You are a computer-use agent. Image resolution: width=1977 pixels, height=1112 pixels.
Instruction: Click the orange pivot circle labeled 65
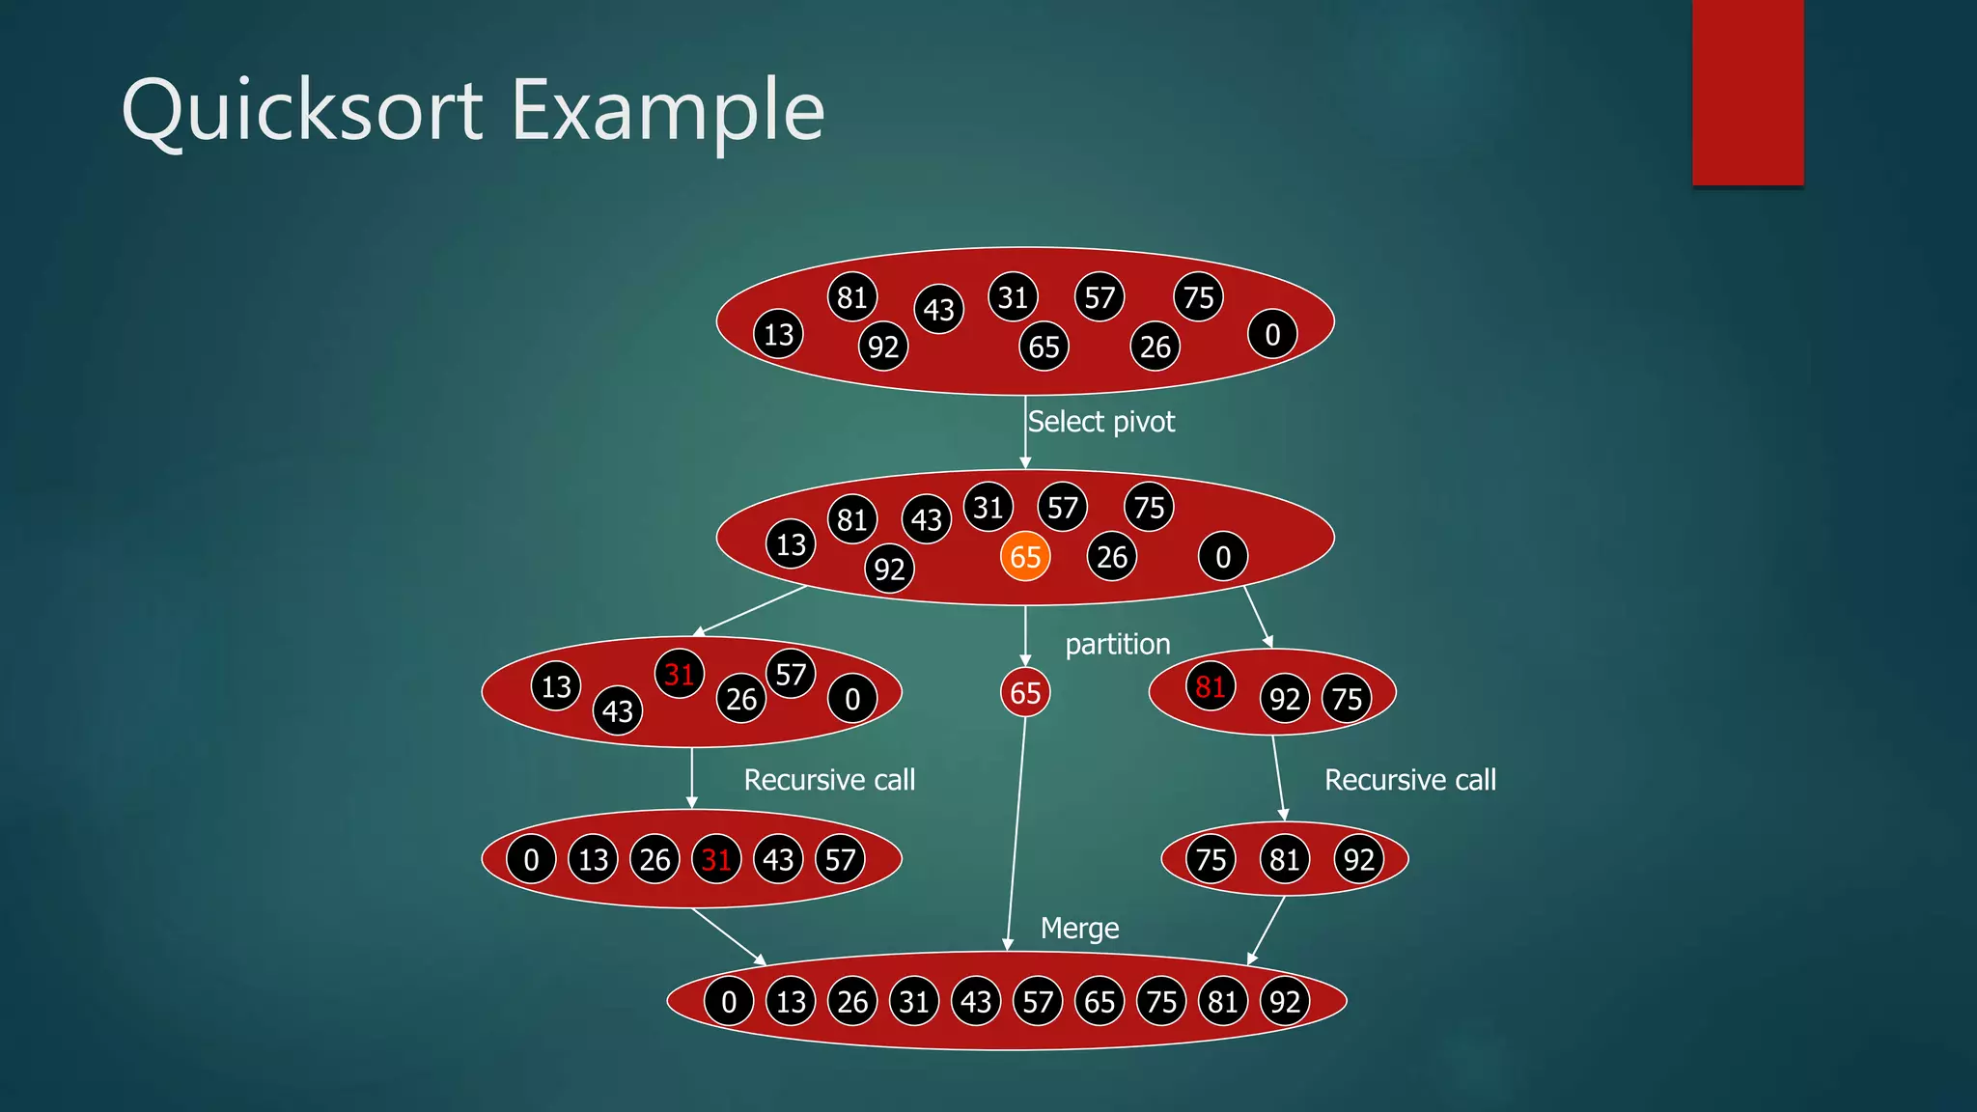(x=1025, y=557)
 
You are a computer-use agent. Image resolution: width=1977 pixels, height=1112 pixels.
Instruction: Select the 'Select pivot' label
(x=1101, y=422)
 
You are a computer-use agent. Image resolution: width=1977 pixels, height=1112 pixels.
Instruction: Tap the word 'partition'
(x=1117, y=644)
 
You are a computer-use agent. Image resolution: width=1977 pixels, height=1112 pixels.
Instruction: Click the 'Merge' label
(x=1079, y=929)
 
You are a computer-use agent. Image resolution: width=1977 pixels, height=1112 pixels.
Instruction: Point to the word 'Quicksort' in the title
(x=302, y=111)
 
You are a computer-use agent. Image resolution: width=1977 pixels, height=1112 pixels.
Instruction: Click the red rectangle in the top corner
(x=1747, y=92)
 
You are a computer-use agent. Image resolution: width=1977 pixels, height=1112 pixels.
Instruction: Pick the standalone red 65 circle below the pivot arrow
(x=1025, y=693)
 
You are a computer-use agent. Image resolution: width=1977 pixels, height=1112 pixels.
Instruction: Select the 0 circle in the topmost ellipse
(x=1272, y=335)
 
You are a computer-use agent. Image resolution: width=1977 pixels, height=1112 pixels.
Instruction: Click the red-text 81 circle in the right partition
(x=1211, y=686)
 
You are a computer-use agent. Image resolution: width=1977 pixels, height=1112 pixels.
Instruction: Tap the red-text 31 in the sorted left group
(x=716, y=859)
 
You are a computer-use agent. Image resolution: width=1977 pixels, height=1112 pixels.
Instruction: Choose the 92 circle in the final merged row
(x=1285, y=1002)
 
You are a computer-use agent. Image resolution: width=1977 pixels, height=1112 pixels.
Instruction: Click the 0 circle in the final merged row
(x=729, y=1002)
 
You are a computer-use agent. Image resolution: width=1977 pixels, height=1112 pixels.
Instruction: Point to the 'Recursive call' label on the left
(x=829, y=780)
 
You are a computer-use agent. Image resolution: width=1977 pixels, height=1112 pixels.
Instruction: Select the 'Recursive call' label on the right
(x=1410, y=780)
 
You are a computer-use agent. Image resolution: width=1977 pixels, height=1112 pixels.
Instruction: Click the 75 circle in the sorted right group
(x=1211, y=859)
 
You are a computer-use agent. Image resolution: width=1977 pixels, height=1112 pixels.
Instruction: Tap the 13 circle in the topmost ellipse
(x=778, y=335)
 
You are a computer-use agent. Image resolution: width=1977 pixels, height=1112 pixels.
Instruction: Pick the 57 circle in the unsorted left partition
(x=791, y=674)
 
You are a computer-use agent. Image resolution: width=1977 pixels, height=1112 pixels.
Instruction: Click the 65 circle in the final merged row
(x=1100, y=1002)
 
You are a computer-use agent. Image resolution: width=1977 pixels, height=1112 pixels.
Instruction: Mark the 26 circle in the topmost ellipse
(x=1155, y=347)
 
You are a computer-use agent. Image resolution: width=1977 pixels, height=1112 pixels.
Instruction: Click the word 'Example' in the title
(x=668, y=111)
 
